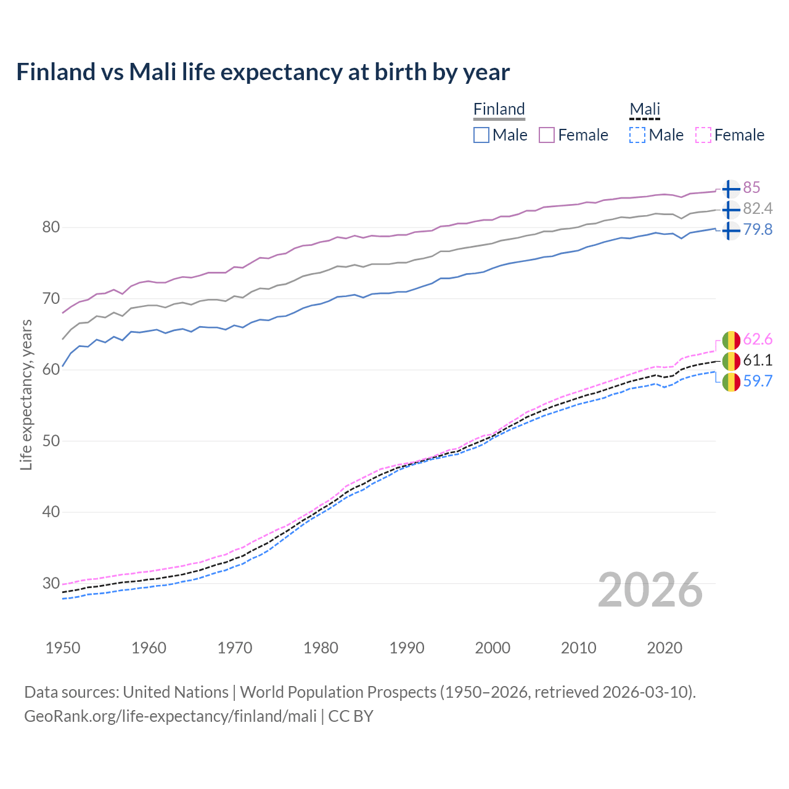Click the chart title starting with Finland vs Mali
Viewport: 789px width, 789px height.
pos(263,72)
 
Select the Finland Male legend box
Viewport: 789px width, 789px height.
pos(481,135)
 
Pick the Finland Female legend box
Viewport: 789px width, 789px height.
pos(547,135)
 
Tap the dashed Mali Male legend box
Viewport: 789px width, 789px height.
pos(637,135)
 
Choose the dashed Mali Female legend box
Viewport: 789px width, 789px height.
pos(703,135)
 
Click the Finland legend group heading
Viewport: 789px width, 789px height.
pos(499,109)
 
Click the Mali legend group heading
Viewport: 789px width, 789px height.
pos(644,109)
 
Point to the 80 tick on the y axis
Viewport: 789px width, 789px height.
pos(51,227)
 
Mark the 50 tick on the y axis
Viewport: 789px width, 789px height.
pos(51,441)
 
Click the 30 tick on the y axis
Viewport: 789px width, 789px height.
pos(51,583)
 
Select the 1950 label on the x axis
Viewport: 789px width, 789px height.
pos(63,648)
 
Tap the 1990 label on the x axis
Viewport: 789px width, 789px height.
pos(407,648)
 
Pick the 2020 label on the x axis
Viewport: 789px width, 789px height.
pos(664,648)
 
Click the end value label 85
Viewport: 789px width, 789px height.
pos(751,188)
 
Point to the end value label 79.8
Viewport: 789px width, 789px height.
pos(758,230)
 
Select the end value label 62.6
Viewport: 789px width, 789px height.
pos(758,340)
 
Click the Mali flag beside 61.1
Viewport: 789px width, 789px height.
pos(730,361)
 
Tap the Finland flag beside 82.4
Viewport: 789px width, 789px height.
pos(730,210)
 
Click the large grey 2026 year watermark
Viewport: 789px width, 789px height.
pos(650,590)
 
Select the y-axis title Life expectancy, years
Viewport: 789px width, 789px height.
pos(26,394)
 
